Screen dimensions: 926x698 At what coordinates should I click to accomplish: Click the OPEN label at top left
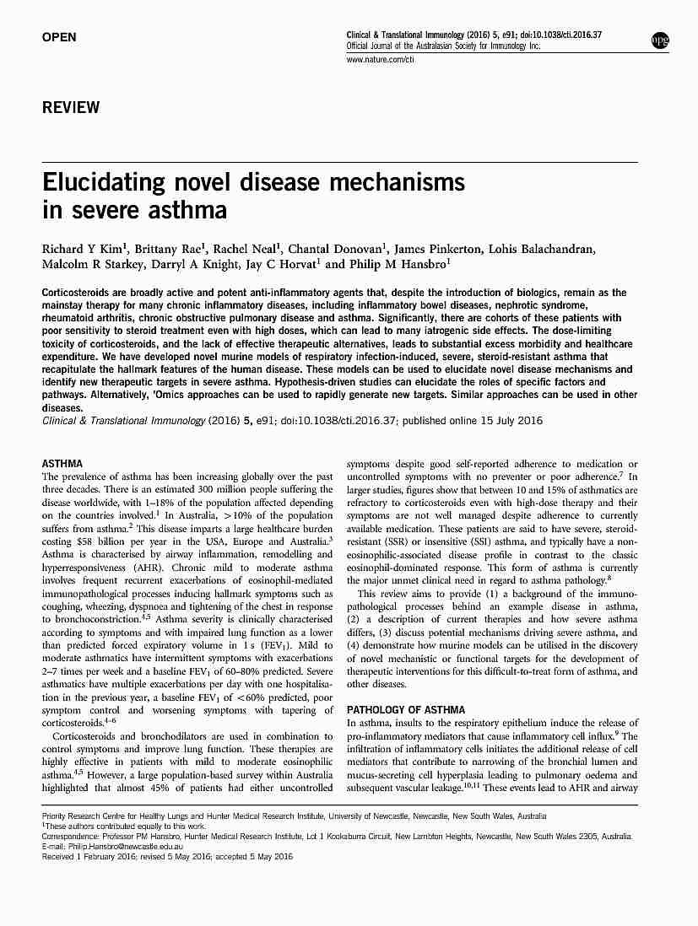(x=59, y=37)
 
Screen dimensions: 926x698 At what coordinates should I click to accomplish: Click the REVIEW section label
(x=71, y=108)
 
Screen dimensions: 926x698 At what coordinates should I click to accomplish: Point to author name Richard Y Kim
(x=78, y=250)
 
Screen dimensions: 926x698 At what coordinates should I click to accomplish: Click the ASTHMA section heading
(x=62, y=464)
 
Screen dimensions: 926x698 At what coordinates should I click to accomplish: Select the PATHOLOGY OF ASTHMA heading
(x=406, y=710)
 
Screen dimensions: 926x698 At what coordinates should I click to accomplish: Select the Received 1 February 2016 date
(x=95, y=856)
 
